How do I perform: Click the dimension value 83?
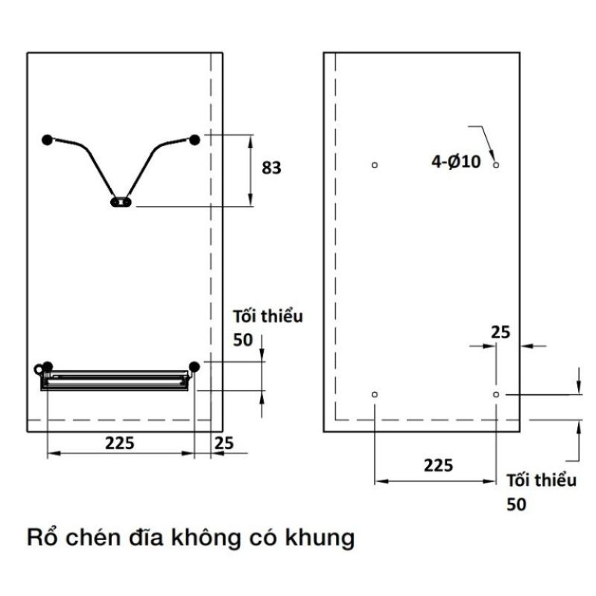click(271, 168)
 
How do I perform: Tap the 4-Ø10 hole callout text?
click(456, 161)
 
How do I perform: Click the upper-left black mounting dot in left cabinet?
click(48, 139)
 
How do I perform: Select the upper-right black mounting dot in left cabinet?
click(194, 139)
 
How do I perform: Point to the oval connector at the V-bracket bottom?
click(121, 201)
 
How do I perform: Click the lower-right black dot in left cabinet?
click(194, 366)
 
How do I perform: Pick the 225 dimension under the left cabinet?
click(119, 443)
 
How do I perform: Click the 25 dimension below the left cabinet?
click(223, 443)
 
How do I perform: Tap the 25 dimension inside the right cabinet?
click(501, 332)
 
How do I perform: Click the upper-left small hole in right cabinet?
click(375, 165)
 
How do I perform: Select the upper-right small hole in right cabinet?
click(496, 164)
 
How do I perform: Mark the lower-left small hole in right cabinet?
click(375, 393)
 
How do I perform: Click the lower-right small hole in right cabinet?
click(496, 393)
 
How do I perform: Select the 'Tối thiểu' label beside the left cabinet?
click(268, 317)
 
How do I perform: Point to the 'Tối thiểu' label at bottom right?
click(542, 481)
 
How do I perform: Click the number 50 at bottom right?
click(516, 504)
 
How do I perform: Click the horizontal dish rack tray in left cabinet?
click(115, 378)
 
